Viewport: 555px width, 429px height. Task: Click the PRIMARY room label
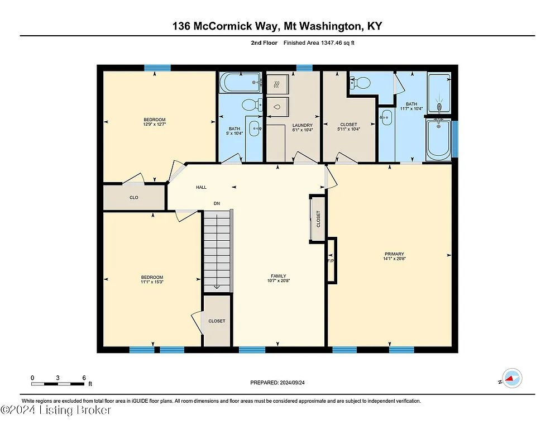[394, 254]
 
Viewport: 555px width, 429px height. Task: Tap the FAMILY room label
[279, 276]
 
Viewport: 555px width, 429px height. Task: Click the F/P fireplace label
[330, 261]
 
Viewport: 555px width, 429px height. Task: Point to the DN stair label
[217, 203]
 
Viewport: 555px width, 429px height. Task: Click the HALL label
[201, 187]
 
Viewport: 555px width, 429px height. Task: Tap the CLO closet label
[134, 198]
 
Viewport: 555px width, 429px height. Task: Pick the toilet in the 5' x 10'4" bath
[252, 104]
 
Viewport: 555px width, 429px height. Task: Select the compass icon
[511, 379]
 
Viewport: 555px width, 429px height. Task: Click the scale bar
[58, 383]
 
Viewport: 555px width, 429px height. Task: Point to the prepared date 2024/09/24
[277, 383]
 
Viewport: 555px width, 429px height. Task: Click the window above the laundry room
[304, 68]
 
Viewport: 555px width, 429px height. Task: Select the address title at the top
[277, 26]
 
